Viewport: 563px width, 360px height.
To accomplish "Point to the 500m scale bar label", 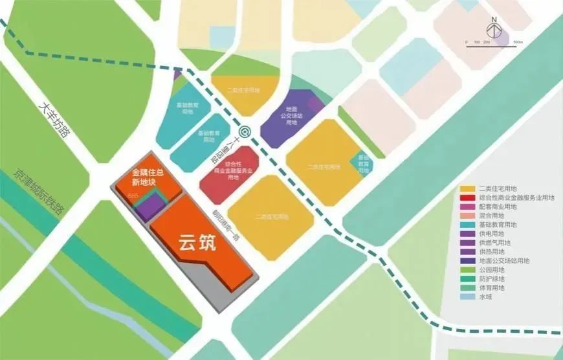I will coord(518,42).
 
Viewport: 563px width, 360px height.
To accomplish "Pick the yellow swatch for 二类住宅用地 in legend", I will coord(466,189).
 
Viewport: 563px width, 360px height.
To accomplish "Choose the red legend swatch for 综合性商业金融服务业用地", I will coord(466,198).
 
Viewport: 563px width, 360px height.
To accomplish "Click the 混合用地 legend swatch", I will coord(466,216).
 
